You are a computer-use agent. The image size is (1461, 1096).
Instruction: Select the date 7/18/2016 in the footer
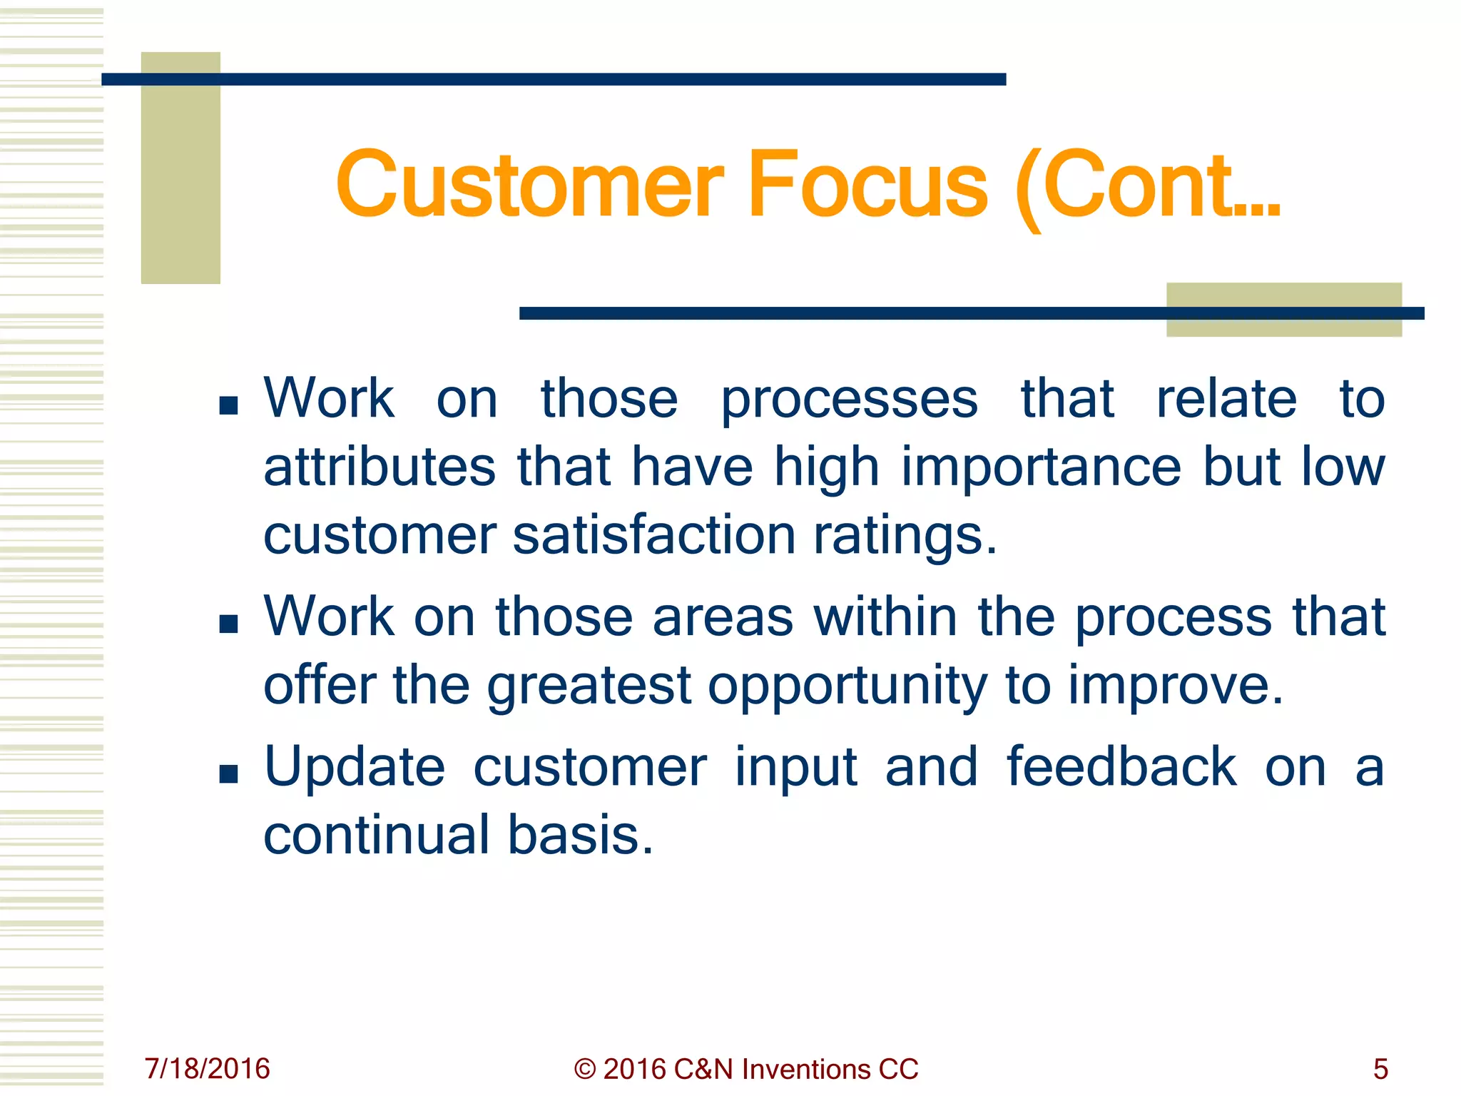click(x=207, y=1069)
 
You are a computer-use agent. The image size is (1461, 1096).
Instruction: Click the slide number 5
click(x=1380, y=1069)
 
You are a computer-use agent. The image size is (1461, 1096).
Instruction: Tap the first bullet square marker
click(x=228, y=406)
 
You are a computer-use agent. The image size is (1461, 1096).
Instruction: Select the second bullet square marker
click(x=228, y=624)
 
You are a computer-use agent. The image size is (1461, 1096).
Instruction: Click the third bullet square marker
click(x=228, y=774)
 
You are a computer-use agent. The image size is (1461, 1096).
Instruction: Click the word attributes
click(x=380, y=467)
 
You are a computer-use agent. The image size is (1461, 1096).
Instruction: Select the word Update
click(x=355, y=768)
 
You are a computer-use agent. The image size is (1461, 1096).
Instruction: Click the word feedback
click(x=1121, y=766)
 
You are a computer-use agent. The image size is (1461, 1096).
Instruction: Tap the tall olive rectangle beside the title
click(x=180, y=168)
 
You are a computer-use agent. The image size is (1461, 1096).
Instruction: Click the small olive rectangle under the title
click(x=1283, y=310)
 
